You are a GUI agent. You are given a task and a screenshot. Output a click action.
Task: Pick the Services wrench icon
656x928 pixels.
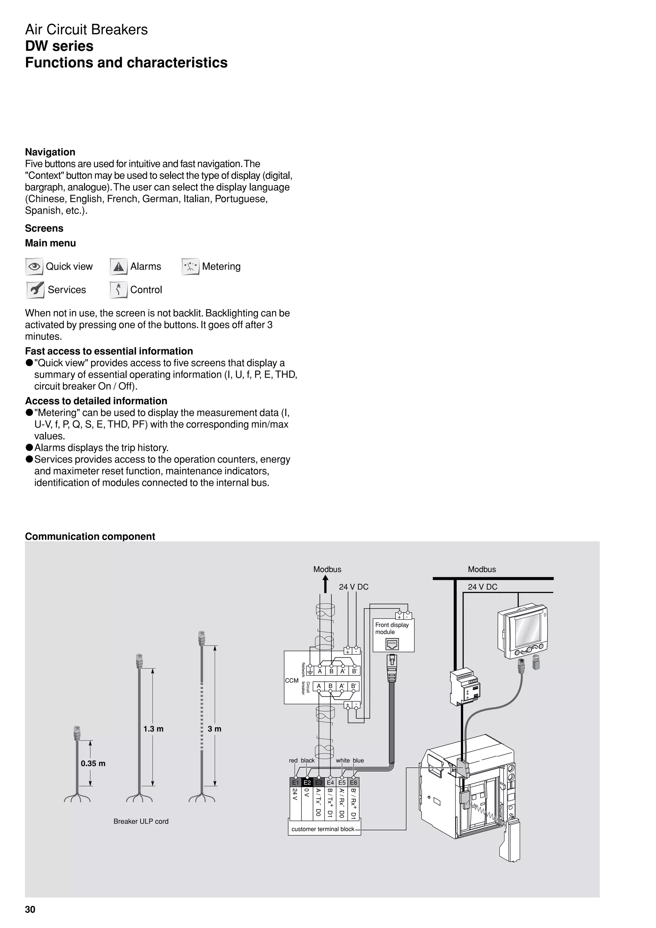click(35, 290)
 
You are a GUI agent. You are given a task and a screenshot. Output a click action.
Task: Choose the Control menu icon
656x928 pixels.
click(119, 290)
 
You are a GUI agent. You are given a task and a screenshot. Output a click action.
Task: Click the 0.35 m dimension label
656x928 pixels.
click(93, 763)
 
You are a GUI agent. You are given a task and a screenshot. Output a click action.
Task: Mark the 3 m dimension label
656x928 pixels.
click(214, 729)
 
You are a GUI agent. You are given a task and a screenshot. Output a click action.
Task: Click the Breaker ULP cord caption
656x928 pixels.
click(141, 821)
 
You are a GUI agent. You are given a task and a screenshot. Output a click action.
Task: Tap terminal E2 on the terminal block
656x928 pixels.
click(307, 783)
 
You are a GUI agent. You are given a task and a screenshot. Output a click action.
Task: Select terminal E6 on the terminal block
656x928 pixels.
click(354, 783)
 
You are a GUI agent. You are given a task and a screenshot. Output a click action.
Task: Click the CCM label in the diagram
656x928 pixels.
click(291, 680)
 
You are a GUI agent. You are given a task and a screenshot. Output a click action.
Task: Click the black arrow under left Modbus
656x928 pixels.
click(325, 585)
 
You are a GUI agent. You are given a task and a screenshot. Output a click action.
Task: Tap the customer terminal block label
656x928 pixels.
click(323, 829)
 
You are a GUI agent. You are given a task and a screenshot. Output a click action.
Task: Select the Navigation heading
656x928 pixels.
click(50, 152)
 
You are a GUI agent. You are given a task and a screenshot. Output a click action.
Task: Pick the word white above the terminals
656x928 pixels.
click(343, 760)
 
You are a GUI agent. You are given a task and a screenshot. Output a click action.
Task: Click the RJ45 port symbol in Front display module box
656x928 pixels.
click(392, 644)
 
